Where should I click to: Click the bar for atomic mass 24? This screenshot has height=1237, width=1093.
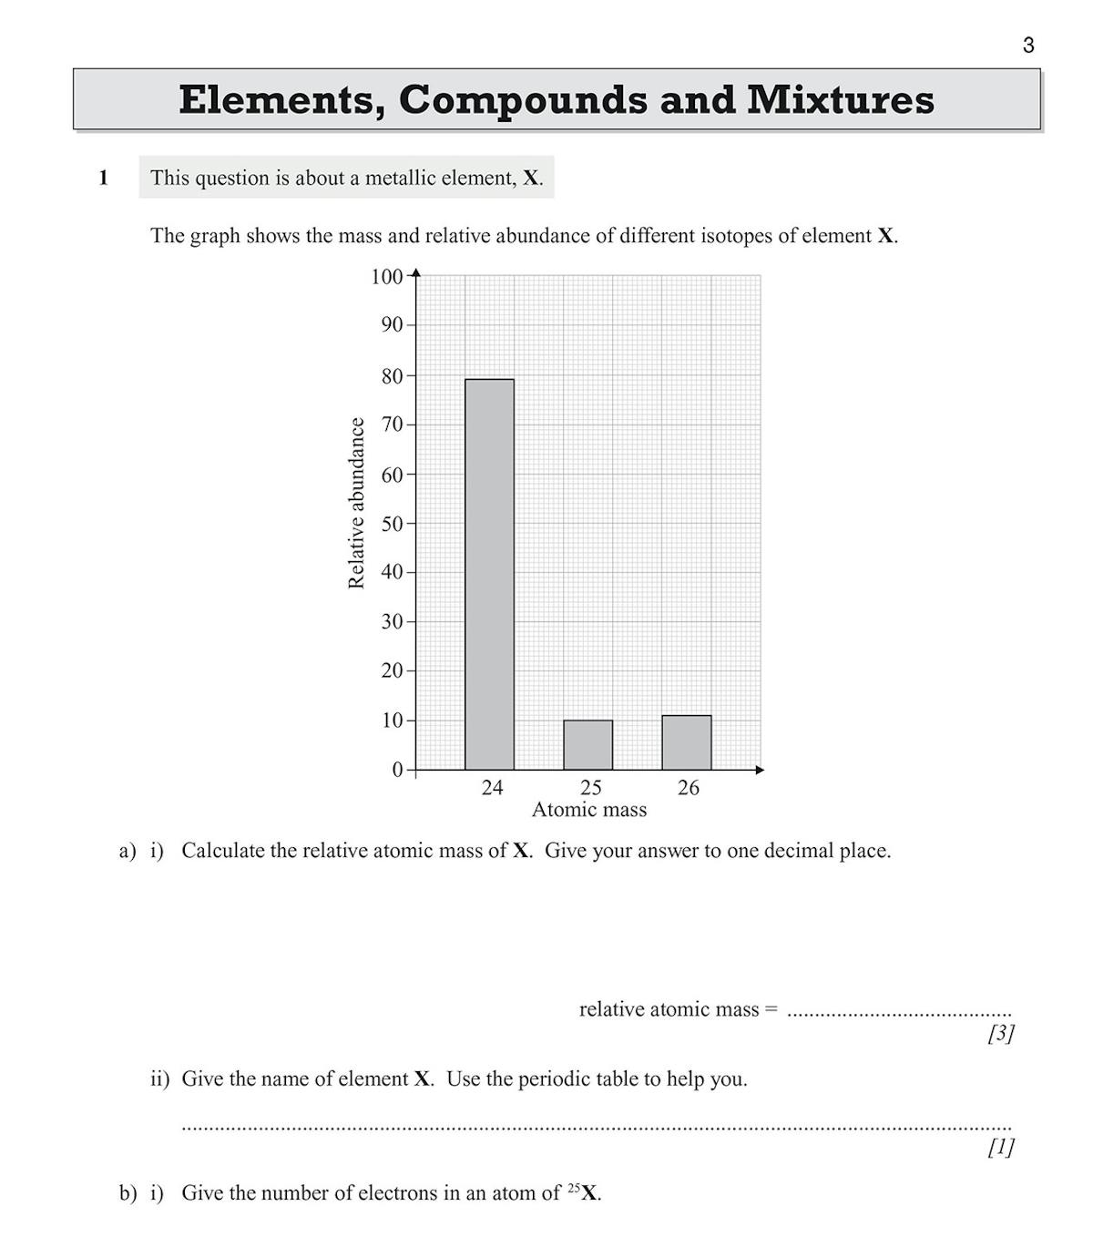(x=489, y=574)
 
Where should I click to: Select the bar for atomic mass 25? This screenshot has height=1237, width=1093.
(x=587, y=745)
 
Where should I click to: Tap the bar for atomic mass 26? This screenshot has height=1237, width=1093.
(x=686, y=742)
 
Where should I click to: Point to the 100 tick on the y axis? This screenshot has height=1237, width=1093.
(x=387, y=276)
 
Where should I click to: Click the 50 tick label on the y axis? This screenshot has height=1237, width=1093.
(x=392, y=524)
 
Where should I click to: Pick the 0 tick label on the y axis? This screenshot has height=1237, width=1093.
(x=397, y=770)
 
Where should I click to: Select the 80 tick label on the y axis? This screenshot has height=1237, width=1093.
(x=392, y=375)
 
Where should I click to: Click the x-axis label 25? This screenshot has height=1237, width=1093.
(x=590, y=788)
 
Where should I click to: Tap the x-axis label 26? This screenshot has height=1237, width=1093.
(x=689, y=788)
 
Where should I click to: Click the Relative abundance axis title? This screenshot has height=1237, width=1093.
(x=356, y=503)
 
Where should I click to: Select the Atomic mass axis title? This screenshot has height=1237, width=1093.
(x=588, y=810)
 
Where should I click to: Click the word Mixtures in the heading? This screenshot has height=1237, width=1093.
(x=840, y=99)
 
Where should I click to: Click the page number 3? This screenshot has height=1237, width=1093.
(x=1028, y=46)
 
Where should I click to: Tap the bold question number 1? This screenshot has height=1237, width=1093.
(x=103, y=178)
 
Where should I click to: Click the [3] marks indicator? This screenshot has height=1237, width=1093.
(x=1000, y=1034)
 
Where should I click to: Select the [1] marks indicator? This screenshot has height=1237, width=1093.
(x=1000, y=1148)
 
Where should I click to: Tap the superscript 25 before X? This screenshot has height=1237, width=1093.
(x=573, y=1188)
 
